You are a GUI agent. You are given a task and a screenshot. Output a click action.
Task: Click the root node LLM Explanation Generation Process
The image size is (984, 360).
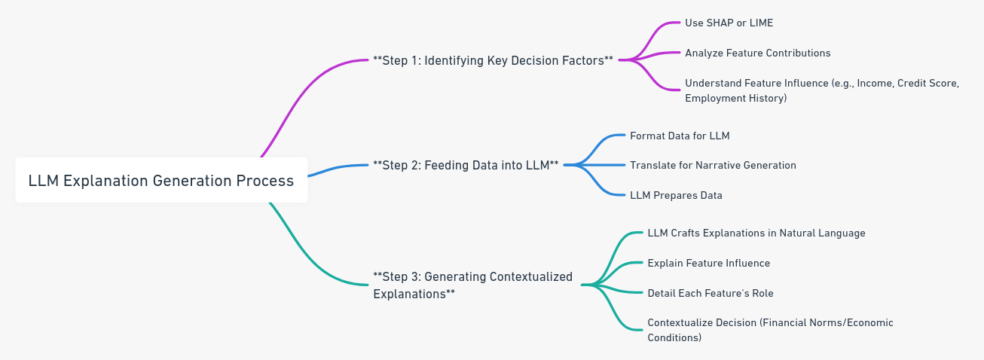click(160, 181)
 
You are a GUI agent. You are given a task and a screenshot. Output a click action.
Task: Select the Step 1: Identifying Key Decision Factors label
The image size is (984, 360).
click(493, 60)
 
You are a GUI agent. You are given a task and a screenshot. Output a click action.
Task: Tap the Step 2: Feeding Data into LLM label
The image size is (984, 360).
click(466, 165)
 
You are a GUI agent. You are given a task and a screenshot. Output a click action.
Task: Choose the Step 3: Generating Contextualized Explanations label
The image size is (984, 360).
click(472, 285)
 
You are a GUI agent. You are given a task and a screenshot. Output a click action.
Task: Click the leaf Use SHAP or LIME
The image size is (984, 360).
click(729, 23)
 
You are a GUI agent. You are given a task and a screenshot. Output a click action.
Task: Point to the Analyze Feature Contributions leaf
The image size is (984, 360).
click(757, 53)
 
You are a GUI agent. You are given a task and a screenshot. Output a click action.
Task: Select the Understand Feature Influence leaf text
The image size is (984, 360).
click(821, 90)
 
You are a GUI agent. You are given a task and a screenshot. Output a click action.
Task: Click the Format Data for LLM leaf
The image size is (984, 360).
click(680, 136)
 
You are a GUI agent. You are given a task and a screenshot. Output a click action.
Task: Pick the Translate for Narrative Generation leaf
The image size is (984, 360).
click(713, 165)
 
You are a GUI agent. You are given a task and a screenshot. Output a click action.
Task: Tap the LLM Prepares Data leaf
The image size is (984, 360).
click(676, 195)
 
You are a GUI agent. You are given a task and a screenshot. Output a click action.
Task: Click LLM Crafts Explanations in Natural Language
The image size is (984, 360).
click(756, 233)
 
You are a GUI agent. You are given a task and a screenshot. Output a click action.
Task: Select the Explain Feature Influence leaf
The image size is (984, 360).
click(708, 263)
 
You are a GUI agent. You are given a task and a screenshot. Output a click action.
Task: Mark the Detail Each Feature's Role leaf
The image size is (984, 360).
click(710, 293)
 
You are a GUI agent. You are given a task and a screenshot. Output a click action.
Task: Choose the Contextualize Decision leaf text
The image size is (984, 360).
click(770, 330)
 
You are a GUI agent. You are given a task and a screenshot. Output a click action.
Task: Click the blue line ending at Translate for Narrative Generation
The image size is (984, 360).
click(599, 165)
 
